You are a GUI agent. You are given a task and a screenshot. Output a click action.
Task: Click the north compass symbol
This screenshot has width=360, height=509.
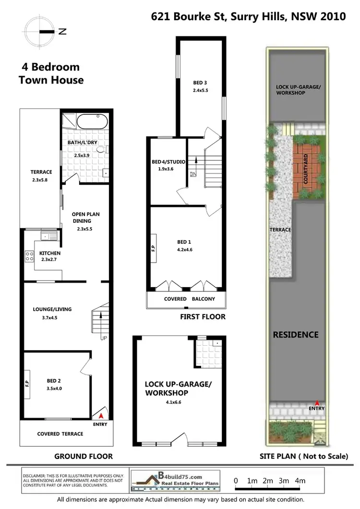point(41,32)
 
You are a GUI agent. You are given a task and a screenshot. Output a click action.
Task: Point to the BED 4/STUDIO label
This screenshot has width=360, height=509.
point(165,162)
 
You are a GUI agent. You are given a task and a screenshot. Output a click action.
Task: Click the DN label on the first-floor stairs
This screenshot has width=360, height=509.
point(193,174)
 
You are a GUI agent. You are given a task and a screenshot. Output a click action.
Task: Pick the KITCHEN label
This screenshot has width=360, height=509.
point(49,253)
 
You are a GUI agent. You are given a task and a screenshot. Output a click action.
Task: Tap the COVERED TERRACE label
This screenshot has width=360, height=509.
point(60,434)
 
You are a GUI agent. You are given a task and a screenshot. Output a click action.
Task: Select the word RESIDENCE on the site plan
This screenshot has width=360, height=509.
point(295,334)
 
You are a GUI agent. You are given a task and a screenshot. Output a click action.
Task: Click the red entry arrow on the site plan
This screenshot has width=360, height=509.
point(317,403)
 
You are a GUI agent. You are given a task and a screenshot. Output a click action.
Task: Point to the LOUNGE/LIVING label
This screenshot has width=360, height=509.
point(53,309)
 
